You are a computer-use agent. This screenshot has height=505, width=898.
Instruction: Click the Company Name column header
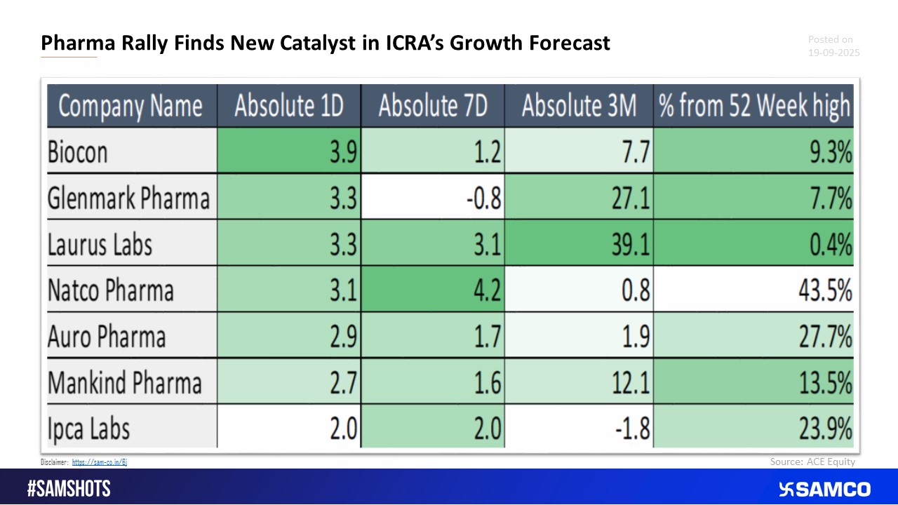(131, 106)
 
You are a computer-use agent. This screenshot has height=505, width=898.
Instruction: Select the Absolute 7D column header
(433, 106)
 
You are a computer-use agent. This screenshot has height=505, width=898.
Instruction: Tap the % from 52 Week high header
(753, 106)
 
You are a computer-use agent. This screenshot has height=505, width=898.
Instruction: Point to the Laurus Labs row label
(100, 245)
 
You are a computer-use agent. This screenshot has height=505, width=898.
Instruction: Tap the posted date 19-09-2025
(833, 53)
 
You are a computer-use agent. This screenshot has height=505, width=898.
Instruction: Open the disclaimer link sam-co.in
(99, 462)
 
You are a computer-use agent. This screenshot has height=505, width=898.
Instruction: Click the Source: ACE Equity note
(812, 462)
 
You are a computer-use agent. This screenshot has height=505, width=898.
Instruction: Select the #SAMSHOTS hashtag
(69, 489)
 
